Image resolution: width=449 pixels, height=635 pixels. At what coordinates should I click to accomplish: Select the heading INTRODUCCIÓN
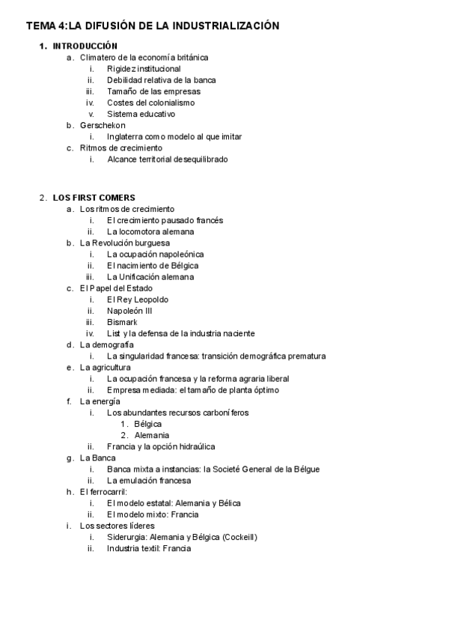pyautogui.click(x=85, y=46)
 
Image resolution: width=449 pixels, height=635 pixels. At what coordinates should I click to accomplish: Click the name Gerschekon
pyautogui.click(x=103, y=125)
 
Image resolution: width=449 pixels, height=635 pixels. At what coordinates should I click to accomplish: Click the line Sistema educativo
pyautogui.click(x=141, y=114)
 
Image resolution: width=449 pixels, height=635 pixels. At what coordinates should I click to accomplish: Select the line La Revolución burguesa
pyautogui.click(x=125, y=243)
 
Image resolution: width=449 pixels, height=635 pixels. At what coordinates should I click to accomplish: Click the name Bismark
pyautogui.click(x=123, y=322)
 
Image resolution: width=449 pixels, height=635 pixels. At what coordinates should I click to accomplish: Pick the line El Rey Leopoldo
pyautogui.click(x=137, y=300)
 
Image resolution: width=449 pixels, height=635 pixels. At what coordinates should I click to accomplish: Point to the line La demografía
pyautogui.click(x=107, y=344)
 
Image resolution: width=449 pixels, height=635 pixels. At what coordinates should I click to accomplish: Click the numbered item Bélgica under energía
pyautogui.click(x=148, y=424)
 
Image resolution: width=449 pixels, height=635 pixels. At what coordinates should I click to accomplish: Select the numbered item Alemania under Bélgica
pyautogui.click(x=151, y=435)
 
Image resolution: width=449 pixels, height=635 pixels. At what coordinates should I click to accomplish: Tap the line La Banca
pyautogui.click(x=98, y=458)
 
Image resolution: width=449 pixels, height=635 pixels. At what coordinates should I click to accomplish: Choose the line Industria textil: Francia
pyautogui.click(x=149, y=548)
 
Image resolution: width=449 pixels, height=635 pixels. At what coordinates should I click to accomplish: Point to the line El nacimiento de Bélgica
pyautogui.click(x=153, y=265)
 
